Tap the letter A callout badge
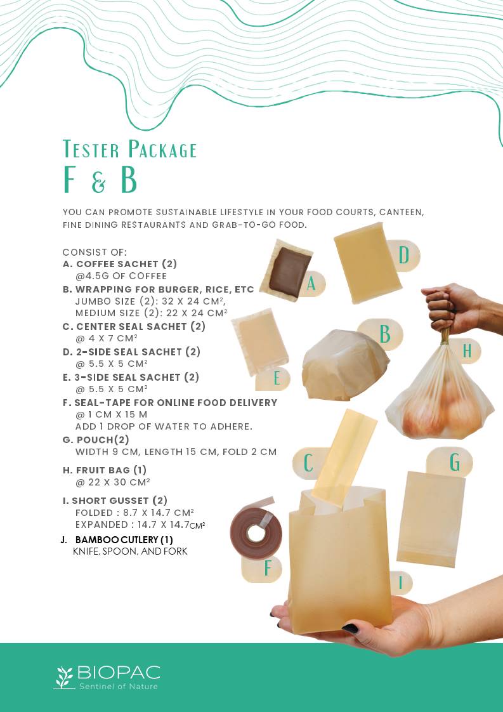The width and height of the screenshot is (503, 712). click(312, 284)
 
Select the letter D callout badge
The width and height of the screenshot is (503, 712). click(404, 255)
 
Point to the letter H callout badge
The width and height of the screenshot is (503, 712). click(466, 351)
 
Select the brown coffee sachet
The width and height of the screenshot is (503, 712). click(289, 272)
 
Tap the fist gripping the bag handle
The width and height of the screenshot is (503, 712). click(447, 309)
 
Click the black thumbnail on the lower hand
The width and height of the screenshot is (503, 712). click(350, 628)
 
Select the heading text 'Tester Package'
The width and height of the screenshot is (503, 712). click(130, 149)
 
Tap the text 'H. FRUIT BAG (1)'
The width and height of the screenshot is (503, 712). click(105, 470)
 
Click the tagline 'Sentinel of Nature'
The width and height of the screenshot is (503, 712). click(119, 686)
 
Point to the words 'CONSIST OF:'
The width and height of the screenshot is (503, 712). click(95, 252)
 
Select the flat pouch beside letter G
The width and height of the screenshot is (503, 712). click(431, 519)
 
